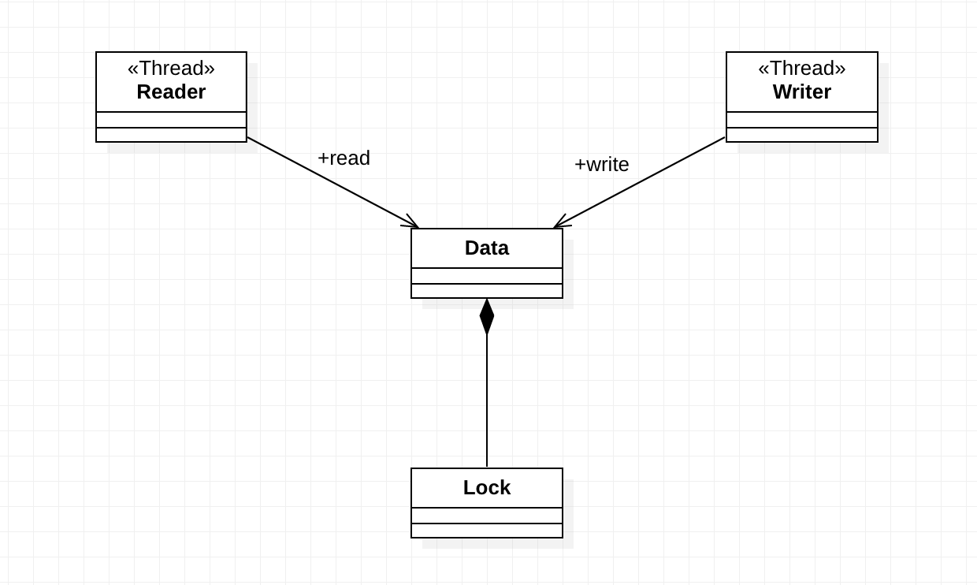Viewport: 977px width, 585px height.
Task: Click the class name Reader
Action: point(171,92)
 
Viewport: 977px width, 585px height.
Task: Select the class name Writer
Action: point(801,92)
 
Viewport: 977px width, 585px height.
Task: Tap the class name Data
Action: point(486,248)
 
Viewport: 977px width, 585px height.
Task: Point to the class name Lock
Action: point(486,488)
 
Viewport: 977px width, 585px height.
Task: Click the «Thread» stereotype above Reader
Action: point(171,69)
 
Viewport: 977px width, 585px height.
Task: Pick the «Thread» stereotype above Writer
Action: point(801,69)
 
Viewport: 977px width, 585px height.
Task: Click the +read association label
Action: point(344,158)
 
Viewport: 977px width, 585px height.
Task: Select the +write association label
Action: point(601,165)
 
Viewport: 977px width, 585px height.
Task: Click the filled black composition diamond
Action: point(487,317)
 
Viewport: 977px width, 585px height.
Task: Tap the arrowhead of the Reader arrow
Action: point(413,225)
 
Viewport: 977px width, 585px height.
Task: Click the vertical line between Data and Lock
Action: point(487,402)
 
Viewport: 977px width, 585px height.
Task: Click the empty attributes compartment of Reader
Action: point(171,120)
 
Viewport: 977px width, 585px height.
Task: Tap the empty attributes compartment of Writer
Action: point(801,120)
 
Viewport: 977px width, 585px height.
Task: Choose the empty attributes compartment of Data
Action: point(486,276)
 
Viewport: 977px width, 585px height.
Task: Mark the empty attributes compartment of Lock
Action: point(486,516)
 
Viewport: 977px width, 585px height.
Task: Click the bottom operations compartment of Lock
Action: point(486,531)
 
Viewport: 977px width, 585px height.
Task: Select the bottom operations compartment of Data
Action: point(486,291)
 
